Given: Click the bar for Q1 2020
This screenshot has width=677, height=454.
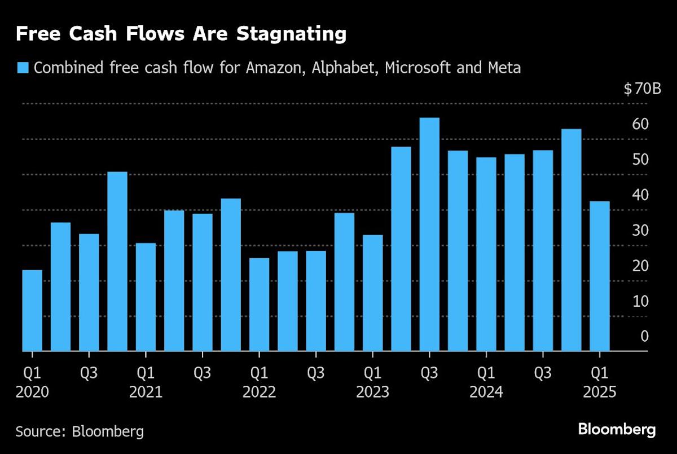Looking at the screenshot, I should (32, 311).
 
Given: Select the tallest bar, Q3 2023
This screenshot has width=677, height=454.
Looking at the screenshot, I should (429, 234).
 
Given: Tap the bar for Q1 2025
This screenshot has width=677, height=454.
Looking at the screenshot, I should (600, 276).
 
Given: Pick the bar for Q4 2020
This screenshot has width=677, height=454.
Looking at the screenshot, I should (117, 261).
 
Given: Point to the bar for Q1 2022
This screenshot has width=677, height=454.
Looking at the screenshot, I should (259, 305).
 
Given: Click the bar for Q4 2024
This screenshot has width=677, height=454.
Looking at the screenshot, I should (571, 240).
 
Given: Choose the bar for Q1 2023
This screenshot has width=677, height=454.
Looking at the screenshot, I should (372, 293).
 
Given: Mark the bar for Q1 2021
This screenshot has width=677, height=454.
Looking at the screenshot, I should (146, 297).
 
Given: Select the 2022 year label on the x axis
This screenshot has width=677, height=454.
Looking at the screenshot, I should (259, 392).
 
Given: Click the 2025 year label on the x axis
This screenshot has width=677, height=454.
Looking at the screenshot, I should (600, 392).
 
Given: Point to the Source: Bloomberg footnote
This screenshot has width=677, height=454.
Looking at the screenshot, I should (80, 432).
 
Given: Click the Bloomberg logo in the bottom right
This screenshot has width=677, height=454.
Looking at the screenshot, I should (617, 430).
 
